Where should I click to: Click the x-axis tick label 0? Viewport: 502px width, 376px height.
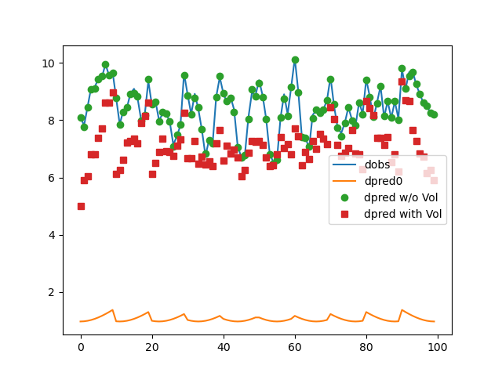click(x=81, y=347)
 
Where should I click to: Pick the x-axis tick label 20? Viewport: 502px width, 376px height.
click(x=152, y=347)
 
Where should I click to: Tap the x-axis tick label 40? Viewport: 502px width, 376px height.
click(x=224, y=347)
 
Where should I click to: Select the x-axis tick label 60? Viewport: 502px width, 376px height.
click(x=295, y=347)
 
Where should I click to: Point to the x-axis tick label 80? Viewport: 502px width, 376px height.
click(x=366, y=347)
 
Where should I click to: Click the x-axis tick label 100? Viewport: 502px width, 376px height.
click(x=438, y=347)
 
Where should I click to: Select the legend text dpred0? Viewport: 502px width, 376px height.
click(x=383, y=181)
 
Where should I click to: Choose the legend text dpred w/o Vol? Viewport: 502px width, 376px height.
click(x=402, y=197)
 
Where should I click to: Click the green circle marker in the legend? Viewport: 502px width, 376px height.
click(x=346, y=197)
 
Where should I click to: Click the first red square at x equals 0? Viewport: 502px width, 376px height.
click(x=81, y=206)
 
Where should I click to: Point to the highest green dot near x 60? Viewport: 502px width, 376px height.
click(x=295, y=60)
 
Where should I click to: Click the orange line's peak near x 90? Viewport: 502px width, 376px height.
click(x=402, y=310)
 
